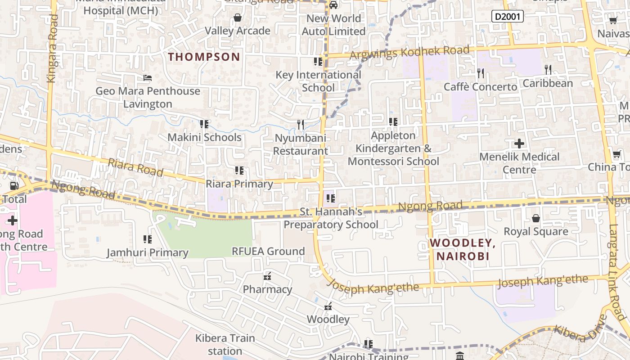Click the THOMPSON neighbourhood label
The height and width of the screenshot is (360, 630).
(204, 57)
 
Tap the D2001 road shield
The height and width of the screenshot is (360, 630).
(507, 17)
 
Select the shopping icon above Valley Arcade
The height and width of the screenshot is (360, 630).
(237, 18)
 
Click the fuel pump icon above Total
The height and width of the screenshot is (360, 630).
(14, 185)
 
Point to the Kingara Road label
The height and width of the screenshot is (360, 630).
(52, 49)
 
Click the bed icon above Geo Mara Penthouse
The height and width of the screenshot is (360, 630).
(147, 78)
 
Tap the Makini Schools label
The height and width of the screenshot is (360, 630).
(204, 137)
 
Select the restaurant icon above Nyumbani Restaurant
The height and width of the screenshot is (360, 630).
(301, 124)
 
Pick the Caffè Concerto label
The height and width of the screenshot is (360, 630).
(480, 87)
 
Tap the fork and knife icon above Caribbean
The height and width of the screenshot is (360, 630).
(548, 70)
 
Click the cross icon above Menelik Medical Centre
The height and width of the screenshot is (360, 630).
(519, 144)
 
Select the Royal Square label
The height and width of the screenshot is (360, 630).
(535, 231)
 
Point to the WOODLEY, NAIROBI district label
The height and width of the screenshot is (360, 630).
(462, 249)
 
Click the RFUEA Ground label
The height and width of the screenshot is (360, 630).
(268, 251)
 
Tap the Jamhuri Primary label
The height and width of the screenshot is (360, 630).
(147, 252)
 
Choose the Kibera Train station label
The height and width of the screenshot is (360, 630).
(225, 344)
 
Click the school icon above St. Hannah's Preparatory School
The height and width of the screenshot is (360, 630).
(331, 198)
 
